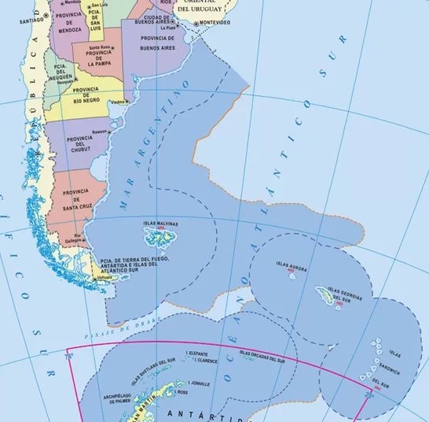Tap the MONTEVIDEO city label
(214, 23)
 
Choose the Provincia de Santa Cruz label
(75, 200)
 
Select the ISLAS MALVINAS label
(159, 224)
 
